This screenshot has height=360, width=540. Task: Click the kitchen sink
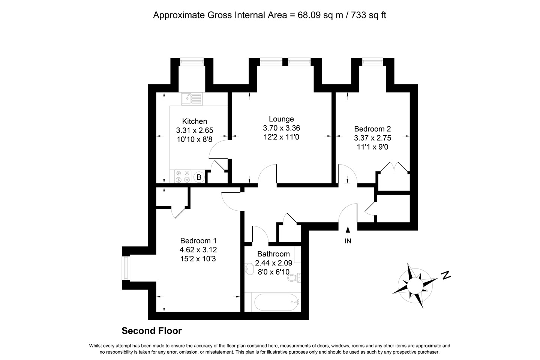[192, 99]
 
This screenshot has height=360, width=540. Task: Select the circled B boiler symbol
[199, 177]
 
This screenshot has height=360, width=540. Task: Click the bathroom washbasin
[249, 269]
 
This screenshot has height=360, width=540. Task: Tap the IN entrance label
[348, 241]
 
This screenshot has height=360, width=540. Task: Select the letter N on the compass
[446, 275]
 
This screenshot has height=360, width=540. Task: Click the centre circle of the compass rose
[415, 286]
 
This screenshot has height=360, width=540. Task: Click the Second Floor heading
[151, 331]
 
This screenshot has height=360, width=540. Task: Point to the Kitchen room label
[195, 121]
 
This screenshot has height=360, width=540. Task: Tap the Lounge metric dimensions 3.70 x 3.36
[281, 128]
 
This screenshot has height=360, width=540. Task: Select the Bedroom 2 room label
[372, 129]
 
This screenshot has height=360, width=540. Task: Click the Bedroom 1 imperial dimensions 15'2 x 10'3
[198, 259]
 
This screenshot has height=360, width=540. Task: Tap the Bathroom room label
[273, 254]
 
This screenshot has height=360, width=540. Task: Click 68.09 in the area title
[309, 15]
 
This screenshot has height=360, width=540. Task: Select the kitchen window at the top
[192, 62]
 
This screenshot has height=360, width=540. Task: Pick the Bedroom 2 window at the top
[373, 62]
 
